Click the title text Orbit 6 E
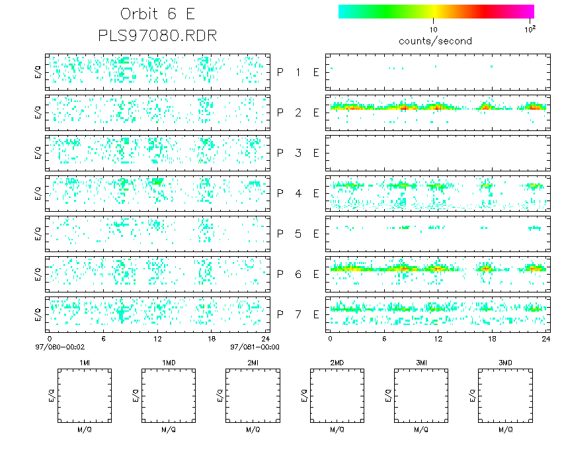pos(157,14)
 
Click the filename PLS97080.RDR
pos(157,36)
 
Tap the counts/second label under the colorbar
pos(435,41)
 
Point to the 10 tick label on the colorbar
pos(433,29)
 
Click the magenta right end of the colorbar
pos(530,11)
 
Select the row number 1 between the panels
pos(298,73)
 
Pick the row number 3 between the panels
pos(298,154)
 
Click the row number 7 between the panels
pos(298,315)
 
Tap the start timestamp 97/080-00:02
pos(60,347)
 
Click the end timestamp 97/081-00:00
pos(255,347)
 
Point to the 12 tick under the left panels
pos(157,338)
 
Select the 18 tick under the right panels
pos(492,338)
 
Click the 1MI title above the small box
pos(85,363)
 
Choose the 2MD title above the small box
pos(337,363)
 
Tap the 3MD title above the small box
pos(505,363)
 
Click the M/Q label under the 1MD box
pos(169,429)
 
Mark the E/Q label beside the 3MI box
pos(388,396)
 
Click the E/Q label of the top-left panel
pos(38,72)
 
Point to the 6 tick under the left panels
pos(104,338)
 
